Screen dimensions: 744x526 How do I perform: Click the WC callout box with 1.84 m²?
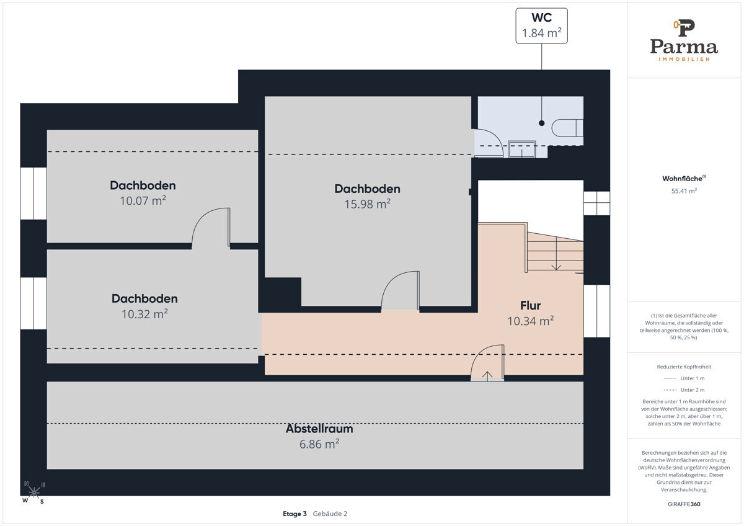click(x=541, y=26)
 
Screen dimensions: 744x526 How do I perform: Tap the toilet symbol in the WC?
click(x=567, y=128)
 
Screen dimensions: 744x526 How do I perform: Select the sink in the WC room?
click(x=522, y=149)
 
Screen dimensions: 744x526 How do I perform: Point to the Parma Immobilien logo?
click(x=684, y=40)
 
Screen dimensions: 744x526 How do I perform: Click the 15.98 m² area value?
click(x=367, y=204)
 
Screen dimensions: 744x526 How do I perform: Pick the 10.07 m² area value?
click(x=143, y=201)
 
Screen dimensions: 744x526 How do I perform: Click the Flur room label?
click(x=531, y=305)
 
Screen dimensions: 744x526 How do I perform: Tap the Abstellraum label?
click(x=319, y=429)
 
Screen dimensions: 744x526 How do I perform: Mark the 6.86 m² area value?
click(x=319, y=444)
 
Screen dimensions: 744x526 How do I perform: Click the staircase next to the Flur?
click(x=555, y=252)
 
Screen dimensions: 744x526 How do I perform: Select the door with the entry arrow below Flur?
click(x=487, y=363)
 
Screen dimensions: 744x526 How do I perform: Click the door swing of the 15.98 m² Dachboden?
click(x=401, y=292)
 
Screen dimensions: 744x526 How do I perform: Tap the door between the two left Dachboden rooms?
click(x=211, y=228)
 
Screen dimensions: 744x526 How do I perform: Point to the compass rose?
click(x=34, y=492)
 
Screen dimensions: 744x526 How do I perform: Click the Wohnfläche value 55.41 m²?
click(x=684, y=191)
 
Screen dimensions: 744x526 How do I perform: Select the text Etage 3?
click(x=294, y=514)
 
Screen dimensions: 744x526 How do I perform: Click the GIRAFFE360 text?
click(x=684, y=504)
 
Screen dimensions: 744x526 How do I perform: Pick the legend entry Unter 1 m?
click(x=684, y=378)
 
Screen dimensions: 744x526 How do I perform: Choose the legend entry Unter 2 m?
click(x=684, y=390)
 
